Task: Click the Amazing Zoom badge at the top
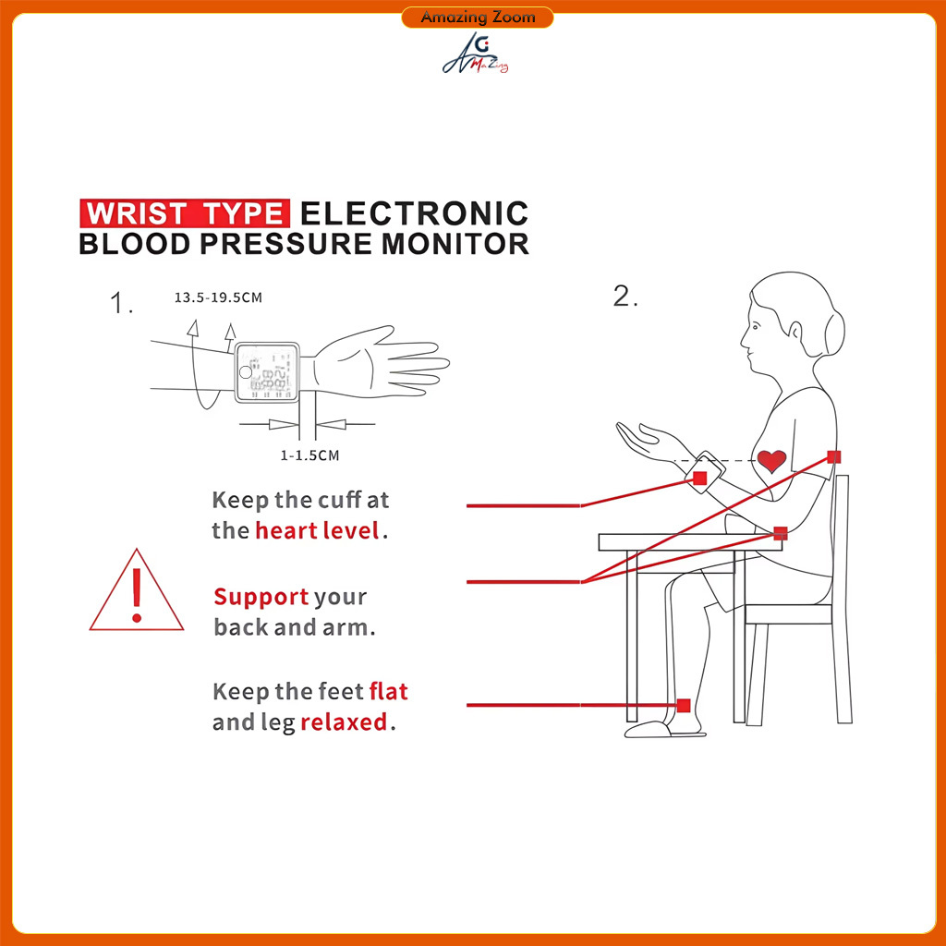[478, 17]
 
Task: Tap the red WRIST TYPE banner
[185, 213]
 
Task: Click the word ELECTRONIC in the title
[415, 213]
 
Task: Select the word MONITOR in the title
[455, 244]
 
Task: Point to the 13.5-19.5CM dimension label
[218, 297]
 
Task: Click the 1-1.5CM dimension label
[309, 455]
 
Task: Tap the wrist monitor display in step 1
[267, 372]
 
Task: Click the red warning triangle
[137, 590]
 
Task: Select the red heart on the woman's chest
[771, 461]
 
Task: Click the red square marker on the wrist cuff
[700, 479]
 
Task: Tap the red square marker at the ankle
[684, 705]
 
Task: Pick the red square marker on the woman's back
[834, 456]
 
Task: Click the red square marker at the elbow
[781, 533]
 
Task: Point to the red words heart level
[318, 531]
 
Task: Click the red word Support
[261, 598]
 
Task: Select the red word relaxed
[344, 722]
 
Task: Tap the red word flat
[389, 691]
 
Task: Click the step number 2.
[625, 297]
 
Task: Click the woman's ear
[796, 332]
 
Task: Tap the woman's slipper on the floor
[648, 730]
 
